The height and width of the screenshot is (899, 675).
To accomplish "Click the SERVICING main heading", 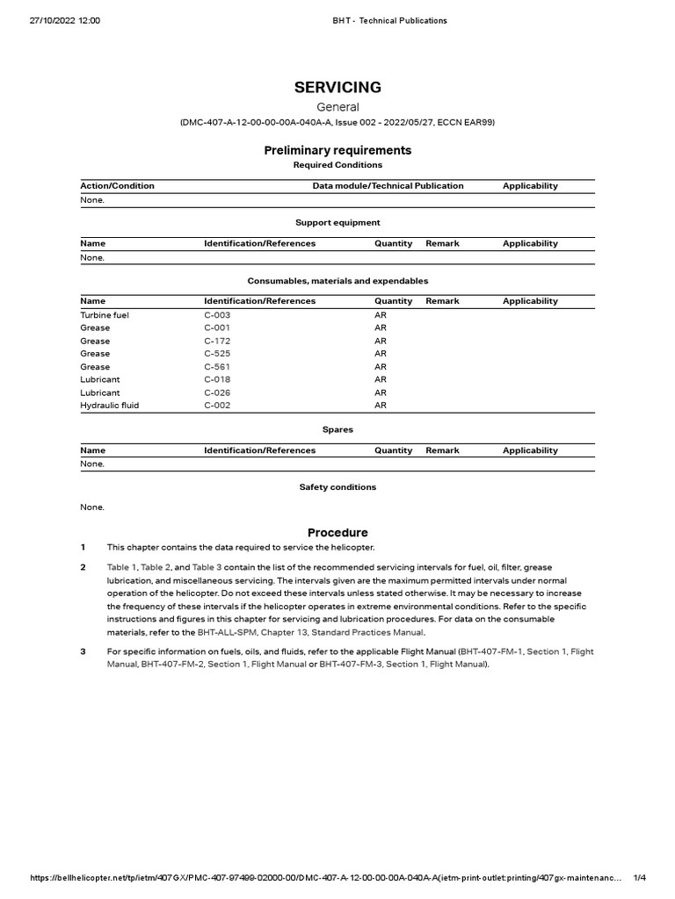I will (x=337, y=87).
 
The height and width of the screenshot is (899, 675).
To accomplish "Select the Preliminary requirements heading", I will (x=337, y=150).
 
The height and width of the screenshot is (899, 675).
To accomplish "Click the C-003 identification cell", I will (x=217, y=314).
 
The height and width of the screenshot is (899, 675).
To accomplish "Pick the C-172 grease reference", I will (x=218, y=341).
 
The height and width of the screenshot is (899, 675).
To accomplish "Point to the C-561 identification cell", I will (x=218, y=367).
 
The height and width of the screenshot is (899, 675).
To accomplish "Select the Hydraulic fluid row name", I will (x=110, y=406).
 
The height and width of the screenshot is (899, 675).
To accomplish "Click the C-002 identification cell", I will (x=217, y=406).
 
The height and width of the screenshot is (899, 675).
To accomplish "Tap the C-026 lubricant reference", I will (x=218, y=392).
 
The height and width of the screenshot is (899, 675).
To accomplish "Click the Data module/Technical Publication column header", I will (x=388, y=186).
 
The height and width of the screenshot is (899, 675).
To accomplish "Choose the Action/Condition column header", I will (x=117, y=186).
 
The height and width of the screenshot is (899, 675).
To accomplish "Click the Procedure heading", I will (x=337, y=533).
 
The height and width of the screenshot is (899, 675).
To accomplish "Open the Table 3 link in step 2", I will (x=207, y=568).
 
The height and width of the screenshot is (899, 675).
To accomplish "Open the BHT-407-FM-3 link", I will (x=349, y=665).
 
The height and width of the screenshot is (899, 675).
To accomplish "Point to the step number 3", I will (x=83, y=651).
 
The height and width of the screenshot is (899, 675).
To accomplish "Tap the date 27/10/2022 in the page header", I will (x=40, y=20).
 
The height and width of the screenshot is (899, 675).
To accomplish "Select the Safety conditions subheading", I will (x=337, y=486).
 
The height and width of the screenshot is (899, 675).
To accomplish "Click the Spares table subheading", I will (x=337, y=429).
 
